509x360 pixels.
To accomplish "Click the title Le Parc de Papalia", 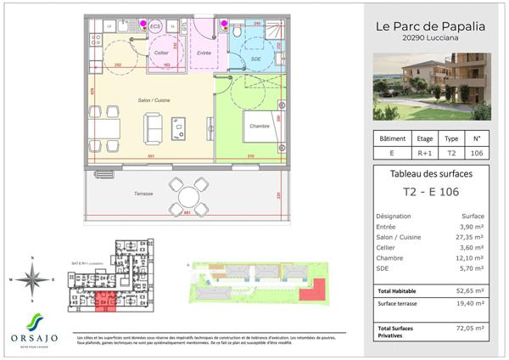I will pos(430,26).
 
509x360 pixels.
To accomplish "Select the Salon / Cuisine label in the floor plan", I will pos(154,101).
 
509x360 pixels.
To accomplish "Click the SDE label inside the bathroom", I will pos(256,59).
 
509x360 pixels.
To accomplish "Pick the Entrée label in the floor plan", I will pos(204,53).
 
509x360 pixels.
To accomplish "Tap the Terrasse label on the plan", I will pos(143,193).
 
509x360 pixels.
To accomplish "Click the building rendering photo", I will pos(433,86).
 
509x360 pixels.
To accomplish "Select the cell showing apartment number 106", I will pos(476,154).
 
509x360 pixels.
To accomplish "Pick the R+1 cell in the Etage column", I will pos(425,154).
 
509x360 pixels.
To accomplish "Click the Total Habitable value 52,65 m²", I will pos(470,290).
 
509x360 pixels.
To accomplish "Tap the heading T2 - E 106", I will pos(430,192).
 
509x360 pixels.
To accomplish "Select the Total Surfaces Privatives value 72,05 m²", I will pos(470,328).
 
